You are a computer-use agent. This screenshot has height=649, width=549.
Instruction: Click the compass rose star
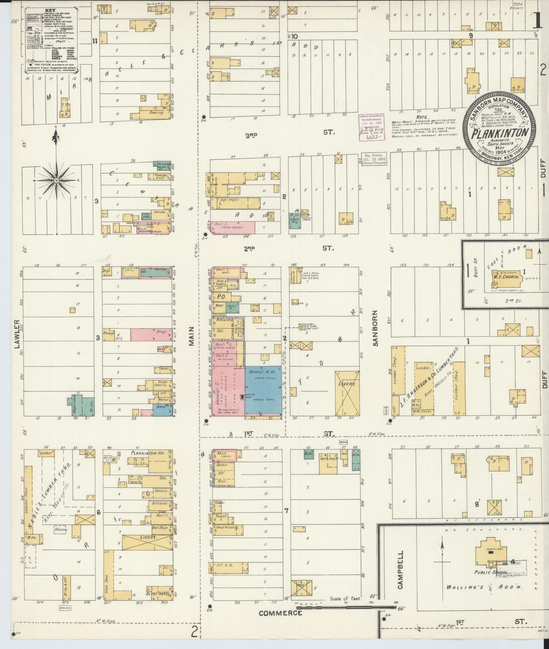click(56, 180)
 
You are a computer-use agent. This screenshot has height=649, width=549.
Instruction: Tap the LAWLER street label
click(17, 331)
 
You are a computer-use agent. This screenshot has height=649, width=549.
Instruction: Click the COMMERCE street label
click(280, 624)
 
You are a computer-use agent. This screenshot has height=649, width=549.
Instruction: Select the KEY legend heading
click(49, 11)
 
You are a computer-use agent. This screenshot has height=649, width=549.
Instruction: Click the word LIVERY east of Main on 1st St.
click(347, 384)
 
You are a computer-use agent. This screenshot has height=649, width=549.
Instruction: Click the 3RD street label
click(251, 135)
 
